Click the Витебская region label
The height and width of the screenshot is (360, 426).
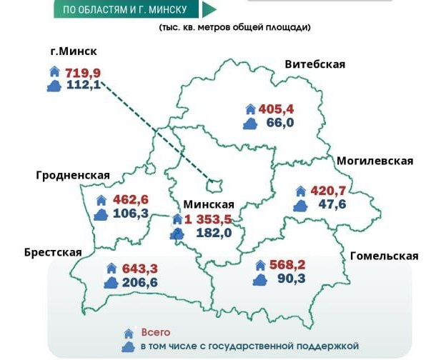[x=314, y=64]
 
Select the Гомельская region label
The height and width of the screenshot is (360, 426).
[x=384, y=256]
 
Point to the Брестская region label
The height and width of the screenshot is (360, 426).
[x=53, y=252]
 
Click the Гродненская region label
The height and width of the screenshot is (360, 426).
[x=73, y=176]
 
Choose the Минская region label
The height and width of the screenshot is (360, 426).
[x=209, y=204]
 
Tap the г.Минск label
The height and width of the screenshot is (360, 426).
[x=74, y=51]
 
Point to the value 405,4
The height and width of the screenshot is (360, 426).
[x=277, y=109]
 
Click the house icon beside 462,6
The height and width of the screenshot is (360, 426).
[x=101, y=200]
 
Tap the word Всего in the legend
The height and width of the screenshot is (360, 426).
[x=156, y=332]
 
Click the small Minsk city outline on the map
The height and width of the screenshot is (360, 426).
[x=212, y=184]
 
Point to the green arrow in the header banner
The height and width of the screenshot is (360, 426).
[x=209, y=9]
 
